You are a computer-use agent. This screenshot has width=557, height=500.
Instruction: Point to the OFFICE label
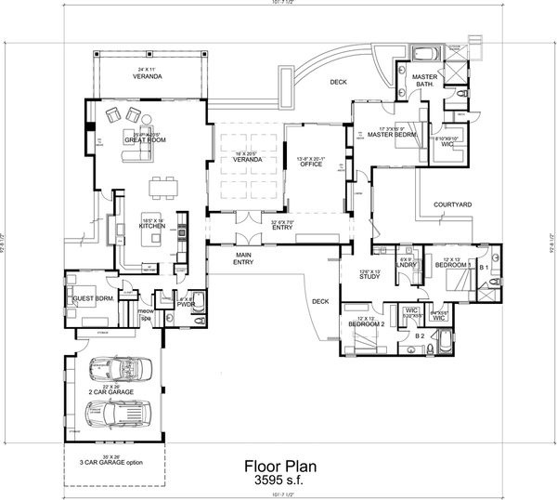pos(311,164)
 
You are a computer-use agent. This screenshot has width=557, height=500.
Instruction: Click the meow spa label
pos(145,313)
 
